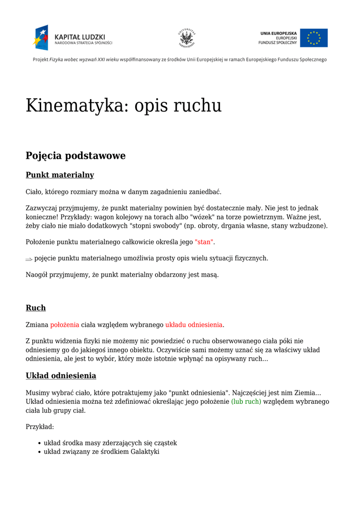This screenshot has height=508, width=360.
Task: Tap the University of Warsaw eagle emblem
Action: click(x=187, y=38)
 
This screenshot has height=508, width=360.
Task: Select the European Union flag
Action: click(x=313, y=38)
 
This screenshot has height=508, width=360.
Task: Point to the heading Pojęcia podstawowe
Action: click(x=75, y=156)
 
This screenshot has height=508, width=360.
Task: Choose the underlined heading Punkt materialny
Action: click(x=60, y=175)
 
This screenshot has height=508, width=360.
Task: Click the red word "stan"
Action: click(x=204, y=242)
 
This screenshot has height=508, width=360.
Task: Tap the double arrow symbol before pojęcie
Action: click(x=29, y=259)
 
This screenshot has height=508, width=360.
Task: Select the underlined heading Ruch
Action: click(x=36, y=308)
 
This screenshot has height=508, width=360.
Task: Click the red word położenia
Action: click(x=65, y=325)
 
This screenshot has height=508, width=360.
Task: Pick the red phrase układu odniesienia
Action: click(x=194, y=325)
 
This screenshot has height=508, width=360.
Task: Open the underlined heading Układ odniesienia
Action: click(x=61, y=376)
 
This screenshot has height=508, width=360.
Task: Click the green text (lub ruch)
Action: click(x=246, y=401)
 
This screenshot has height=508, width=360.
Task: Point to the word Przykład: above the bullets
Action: click(x=40, y=427)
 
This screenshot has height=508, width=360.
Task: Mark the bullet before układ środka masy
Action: click(x=39, y=443)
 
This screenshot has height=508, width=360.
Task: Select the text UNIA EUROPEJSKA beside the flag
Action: click(x=278, y=33)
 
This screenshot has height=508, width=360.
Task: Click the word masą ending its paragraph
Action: click(x=210, y=275)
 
